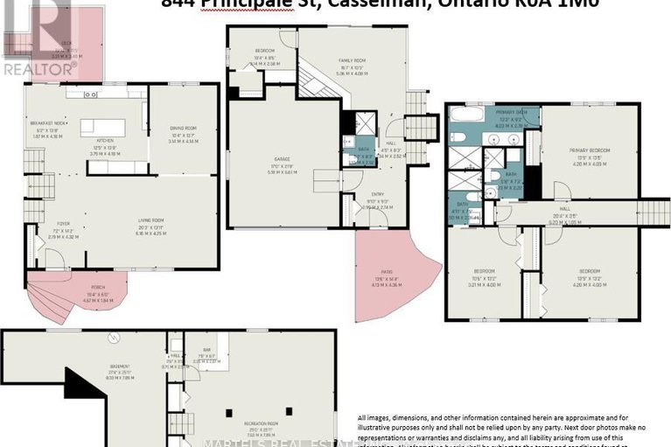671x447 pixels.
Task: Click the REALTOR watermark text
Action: [x=39, y=66]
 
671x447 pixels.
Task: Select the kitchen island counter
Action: [x=102, y=127]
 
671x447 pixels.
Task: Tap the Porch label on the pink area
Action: [x=94, y=295]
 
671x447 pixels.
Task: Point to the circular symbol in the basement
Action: [x=111, y=338]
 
